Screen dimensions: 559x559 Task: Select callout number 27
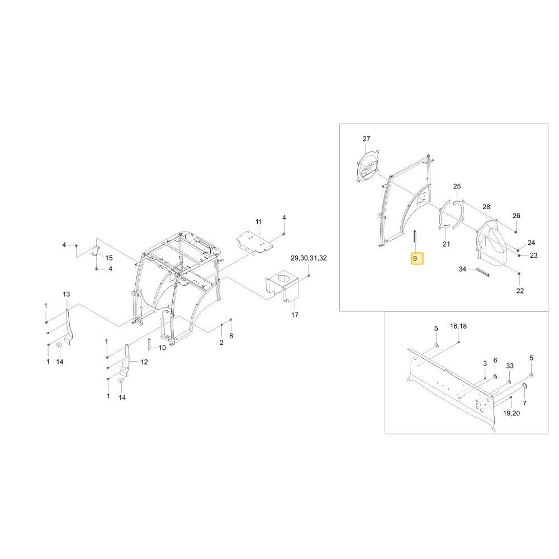coord(367,139)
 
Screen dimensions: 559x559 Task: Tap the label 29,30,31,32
coord(309,258)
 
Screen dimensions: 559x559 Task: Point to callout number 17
coord(295,315)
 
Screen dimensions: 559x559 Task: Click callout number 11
coord(259,222)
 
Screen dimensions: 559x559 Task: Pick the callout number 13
coord(67,294)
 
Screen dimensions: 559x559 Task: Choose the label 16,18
coord(458,326)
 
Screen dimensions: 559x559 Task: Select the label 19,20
coord(511,413)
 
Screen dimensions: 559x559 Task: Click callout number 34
coord(462,269)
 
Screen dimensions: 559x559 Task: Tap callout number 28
coord(486,207)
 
